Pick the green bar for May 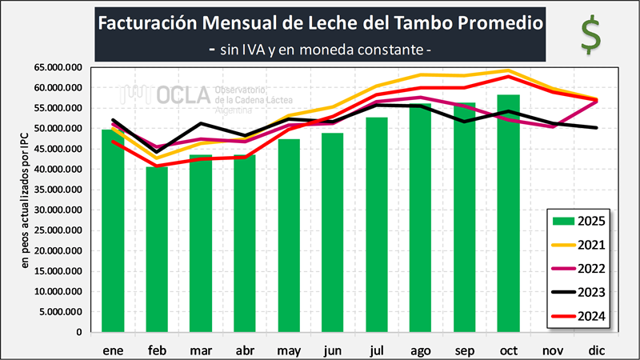pos(289,235)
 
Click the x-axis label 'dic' pos(595,350)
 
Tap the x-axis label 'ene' pos(113,350)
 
